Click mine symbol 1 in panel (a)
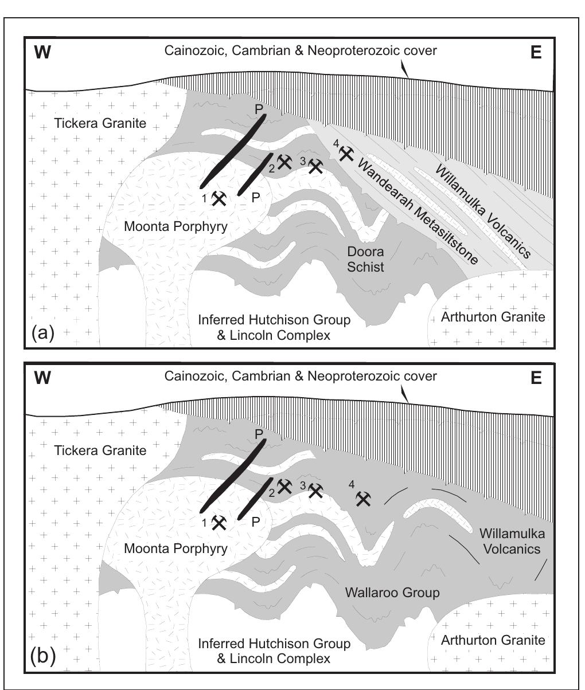coord(219,198)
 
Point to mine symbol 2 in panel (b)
coord(284,487)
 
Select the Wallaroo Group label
coord(392,593)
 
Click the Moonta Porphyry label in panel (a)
coord(175,226)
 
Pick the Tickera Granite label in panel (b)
coord(100,450)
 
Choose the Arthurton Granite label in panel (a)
coord(493,317)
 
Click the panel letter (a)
coord(42,332)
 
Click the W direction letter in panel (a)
coord(43,53)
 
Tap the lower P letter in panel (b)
coord(256,522)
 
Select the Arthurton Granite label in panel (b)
coord(493,640)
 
